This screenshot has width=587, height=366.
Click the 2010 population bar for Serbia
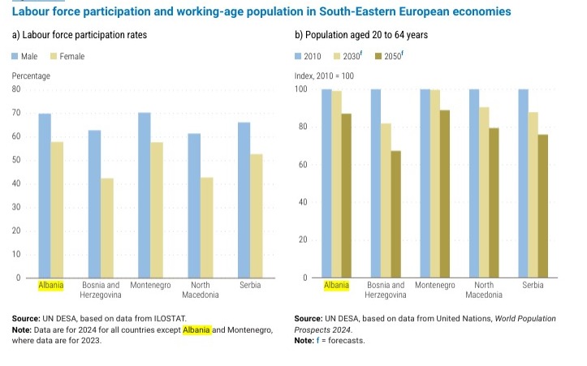click(524, 183)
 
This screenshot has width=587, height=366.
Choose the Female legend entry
click(67, 56)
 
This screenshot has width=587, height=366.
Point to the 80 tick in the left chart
click(16, 89)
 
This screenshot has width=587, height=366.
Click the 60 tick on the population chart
click(302, 165)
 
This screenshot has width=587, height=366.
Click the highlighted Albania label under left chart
click(50, 286)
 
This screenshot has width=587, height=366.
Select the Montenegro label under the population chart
click(434, 286)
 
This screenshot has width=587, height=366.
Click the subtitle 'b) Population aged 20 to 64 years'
click(360, 36)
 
